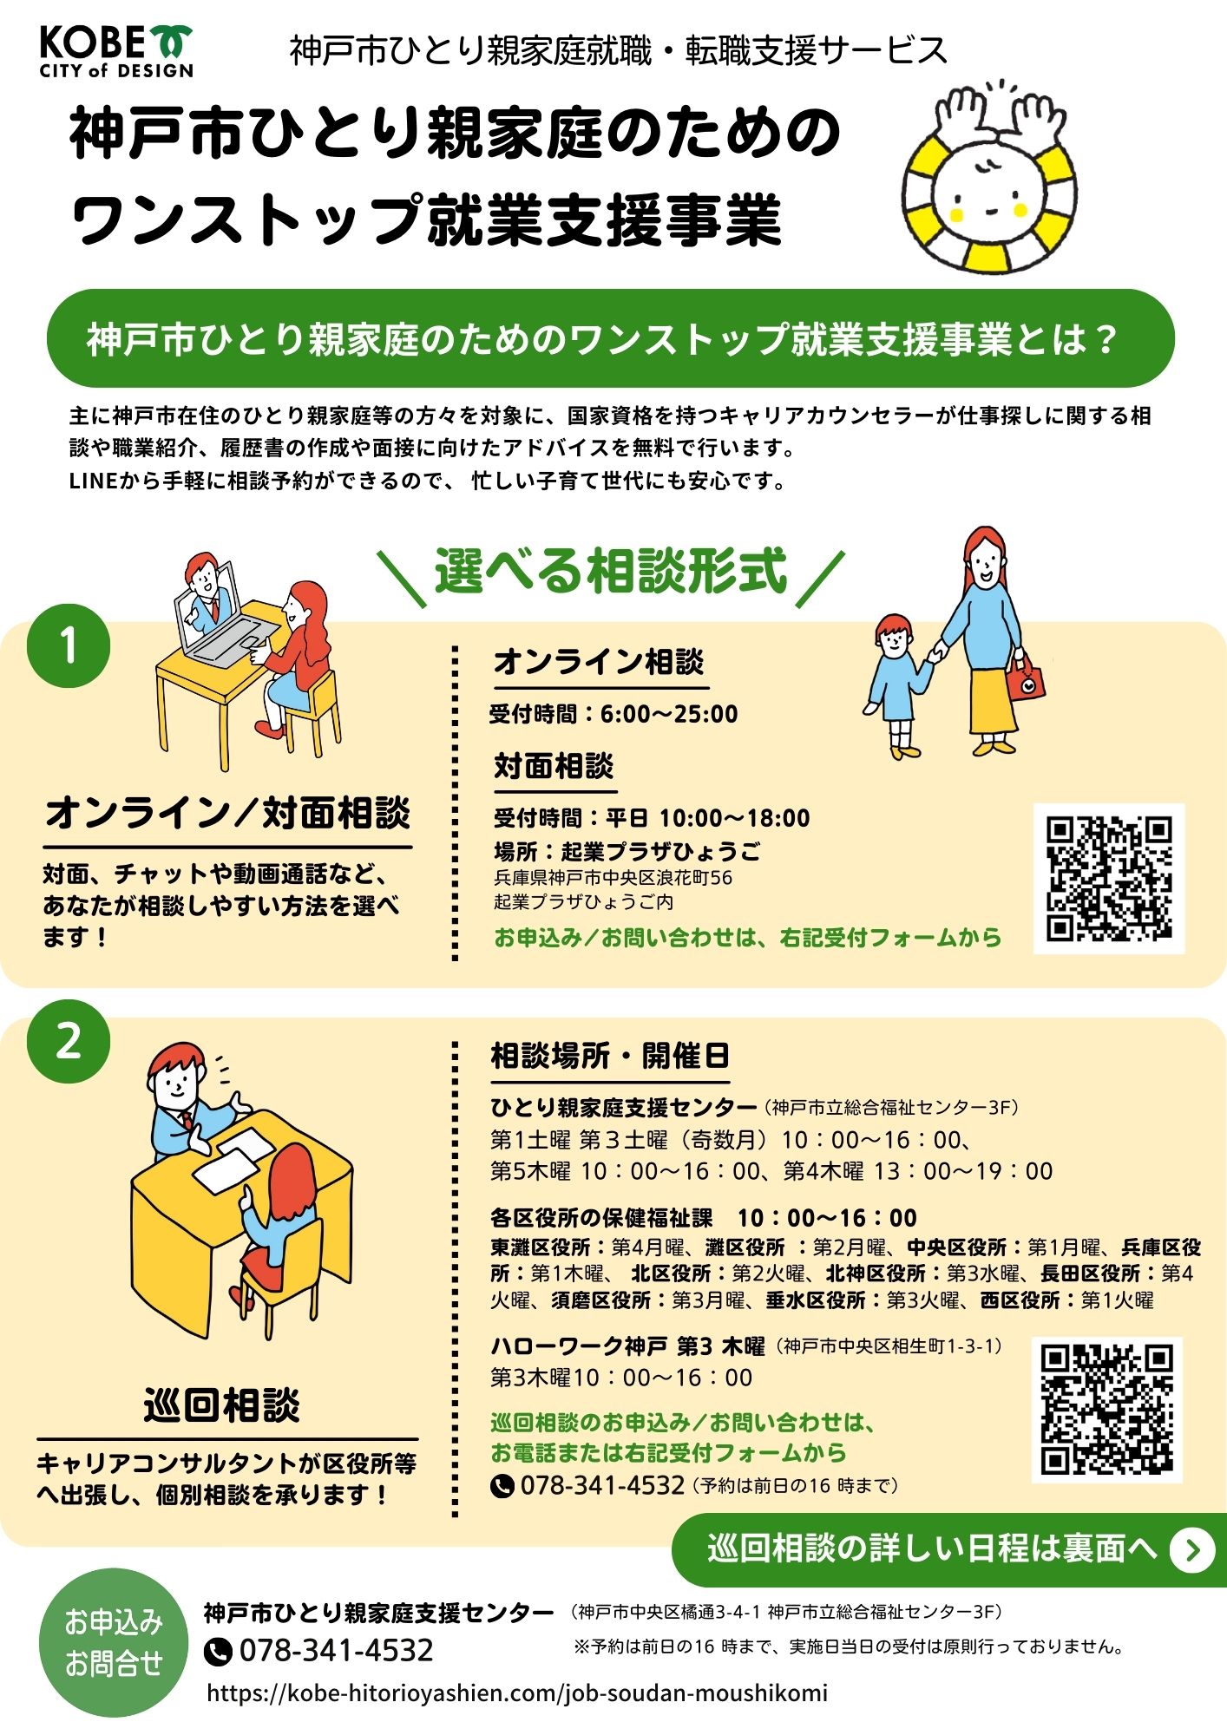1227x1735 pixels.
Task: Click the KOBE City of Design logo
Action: [x=116, y=51]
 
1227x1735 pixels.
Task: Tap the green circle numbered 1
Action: [x=69, y=645]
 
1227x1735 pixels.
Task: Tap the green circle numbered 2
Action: [x=69, y=1040]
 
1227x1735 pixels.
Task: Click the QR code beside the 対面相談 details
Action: [x=1109, y=879]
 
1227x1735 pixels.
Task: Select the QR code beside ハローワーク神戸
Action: [x=1107, y=1409]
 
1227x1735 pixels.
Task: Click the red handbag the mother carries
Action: [x=1027, y=678]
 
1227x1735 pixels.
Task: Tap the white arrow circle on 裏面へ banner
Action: [x=1192, y=1550]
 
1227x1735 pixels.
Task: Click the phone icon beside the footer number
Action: [x=218, y=1650]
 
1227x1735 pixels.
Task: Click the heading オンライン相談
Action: [x=599, y=662]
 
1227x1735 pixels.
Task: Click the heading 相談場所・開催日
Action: [x=610, y=1056]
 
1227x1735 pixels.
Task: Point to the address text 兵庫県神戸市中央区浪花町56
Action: [x=613, y=877]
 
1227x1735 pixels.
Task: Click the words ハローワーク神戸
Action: [x=579, y=1345]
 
